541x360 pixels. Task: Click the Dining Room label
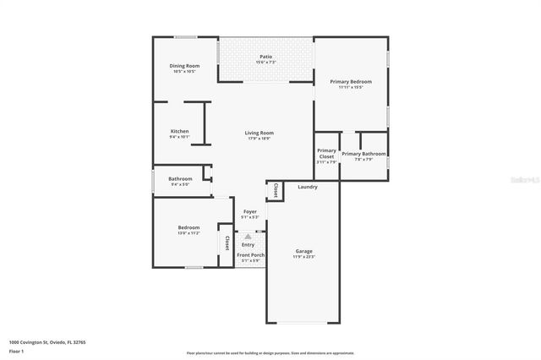[x=184, y=66]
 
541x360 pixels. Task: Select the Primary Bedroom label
[x=351, y=81]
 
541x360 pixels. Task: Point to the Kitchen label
[x=179, y=131]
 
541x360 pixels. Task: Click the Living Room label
[x=260, y=133]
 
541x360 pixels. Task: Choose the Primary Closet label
[x=326, y=154]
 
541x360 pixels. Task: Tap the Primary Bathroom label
[x=363, y=154]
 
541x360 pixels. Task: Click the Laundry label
[x=308, y=187]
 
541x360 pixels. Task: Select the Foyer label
[x=250, y=211]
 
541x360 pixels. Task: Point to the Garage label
[x=304, y=251]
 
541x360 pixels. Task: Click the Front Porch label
[x=250, y=254]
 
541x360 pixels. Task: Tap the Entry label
[x=248, y=245]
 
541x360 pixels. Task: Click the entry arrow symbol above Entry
[x=248, y=237]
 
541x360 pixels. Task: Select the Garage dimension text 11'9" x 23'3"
[x=304, y=257]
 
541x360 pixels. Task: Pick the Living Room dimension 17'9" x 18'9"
[x=260, y=139]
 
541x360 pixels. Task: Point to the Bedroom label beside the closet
[x=189, y=227]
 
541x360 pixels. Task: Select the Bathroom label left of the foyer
[x=180, y=178]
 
